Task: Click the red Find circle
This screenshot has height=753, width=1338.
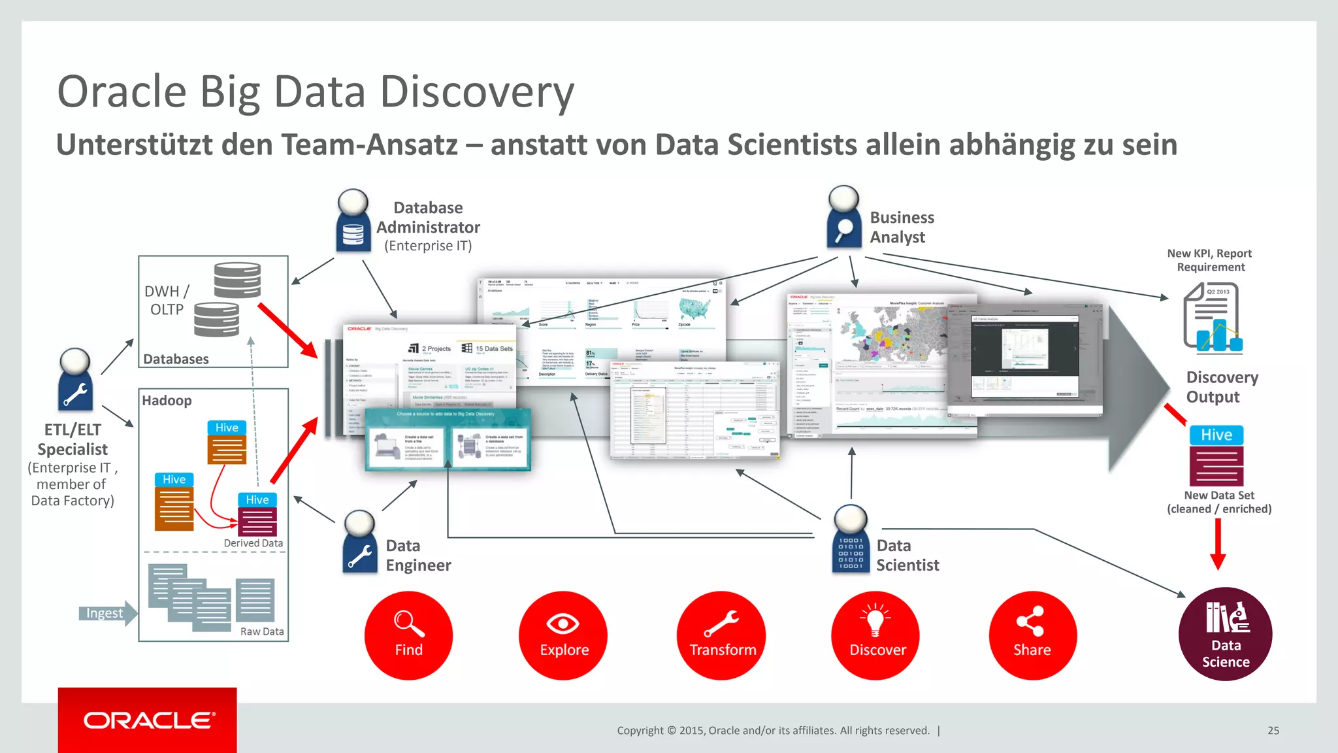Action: click(408, 635)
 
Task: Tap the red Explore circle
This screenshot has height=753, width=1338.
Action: click(563, 635)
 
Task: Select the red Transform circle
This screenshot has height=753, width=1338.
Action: click(721, 635)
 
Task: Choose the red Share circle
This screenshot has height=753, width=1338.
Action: click(1032, 635)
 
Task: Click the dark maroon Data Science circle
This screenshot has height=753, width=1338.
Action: click(1225, 634)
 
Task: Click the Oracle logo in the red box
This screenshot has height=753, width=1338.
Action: click(148, 720)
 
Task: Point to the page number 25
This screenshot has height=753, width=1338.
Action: click(1273, 731)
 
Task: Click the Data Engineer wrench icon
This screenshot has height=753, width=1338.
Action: click(359, 543)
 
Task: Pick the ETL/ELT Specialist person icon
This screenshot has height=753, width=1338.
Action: click(75, 380)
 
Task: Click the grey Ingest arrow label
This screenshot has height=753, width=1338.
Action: click(106, 613)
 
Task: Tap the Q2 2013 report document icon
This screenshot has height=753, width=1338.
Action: click(1213, 318)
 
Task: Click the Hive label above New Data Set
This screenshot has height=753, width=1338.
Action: click(1216, 435)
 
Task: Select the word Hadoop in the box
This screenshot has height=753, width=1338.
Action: click(167, 401)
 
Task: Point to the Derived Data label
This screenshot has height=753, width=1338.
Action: click(253, 543)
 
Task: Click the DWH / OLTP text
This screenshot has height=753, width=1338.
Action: click(167, 300)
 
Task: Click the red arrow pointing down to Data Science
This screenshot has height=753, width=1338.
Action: click(1218, 544)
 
